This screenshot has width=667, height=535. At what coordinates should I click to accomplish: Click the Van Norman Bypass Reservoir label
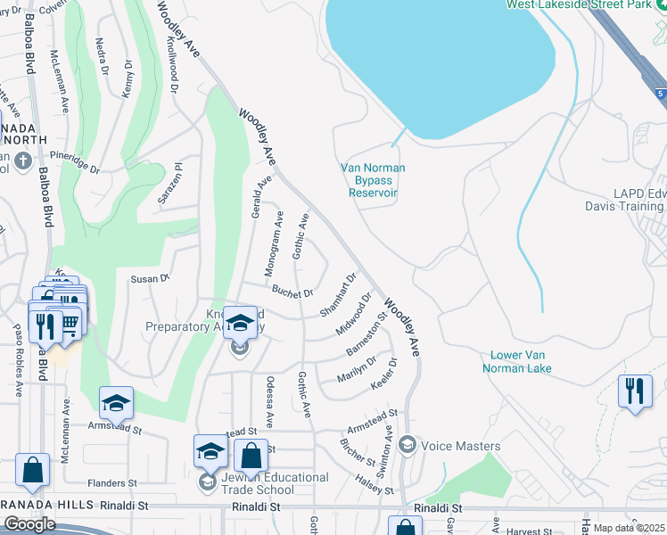(373, 180)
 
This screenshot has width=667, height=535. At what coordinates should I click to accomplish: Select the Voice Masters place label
(459, 446)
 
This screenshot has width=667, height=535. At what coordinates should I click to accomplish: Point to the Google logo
(29, 524)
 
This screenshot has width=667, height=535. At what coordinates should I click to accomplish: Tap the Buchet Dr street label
(292, 292)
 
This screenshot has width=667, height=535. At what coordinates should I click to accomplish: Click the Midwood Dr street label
(354, 318)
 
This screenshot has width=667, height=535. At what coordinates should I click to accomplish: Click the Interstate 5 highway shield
(658, 93)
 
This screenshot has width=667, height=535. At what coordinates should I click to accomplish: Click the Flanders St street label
(111, 484)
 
